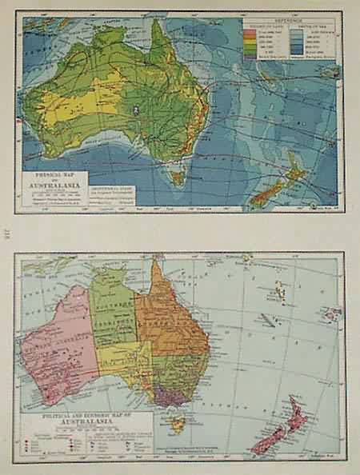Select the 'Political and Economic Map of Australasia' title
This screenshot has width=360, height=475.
click(79, 417)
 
